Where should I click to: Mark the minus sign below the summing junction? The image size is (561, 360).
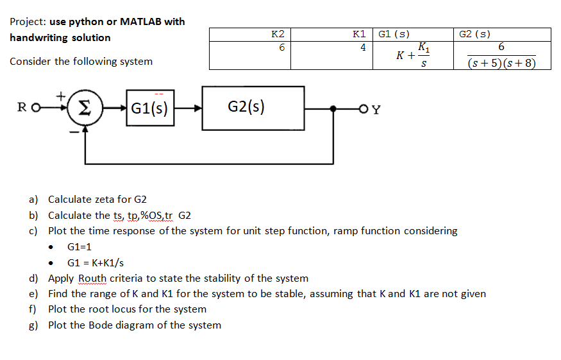pyautogui.click(x=74, y=132)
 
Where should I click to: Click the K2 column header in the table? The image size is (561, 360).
pyautogui.click(x=278, y=34)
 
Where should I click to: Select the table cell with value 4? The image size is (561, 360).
pyautogui.click(x=362, y=47)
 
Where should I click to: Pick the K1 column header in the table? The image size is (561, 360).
pyautogui.click(x=359, y=34)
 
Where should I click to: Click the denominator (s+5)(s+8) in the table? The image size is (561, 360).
pyautogui.click(x=501, y=63)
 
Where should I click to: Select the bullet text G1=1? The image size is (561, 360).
pyautogui.click(x=80, y=246)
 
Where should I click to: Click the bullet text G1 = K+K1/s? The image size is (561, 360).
pyautogui.click(x=96, y=262)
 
